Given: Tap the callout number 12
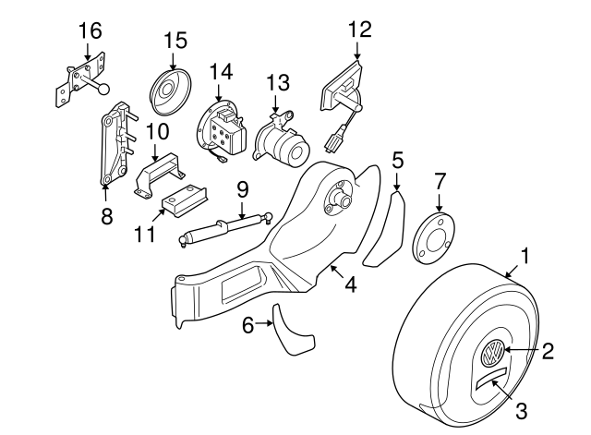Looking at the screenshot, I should [x=358, y=29].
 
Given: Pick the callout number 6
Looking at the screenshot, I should [x=247, y=324].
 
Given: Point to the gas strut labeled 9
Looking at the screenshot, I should [x=222, y=227].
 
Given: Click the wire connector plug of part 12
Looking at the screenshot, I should [x=334, y=143].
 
